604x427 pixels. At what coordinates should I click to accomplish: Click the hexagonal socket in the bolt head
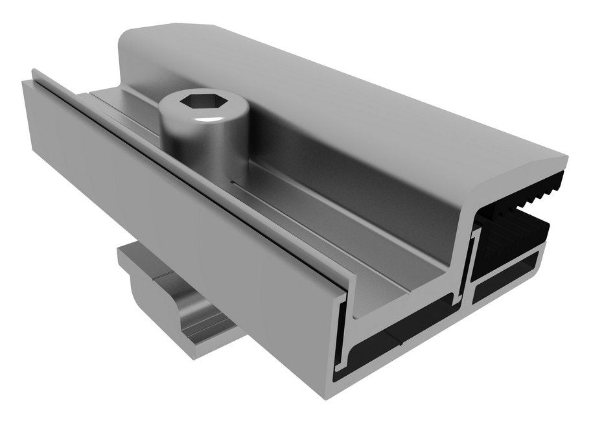[x=199, y=102]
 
